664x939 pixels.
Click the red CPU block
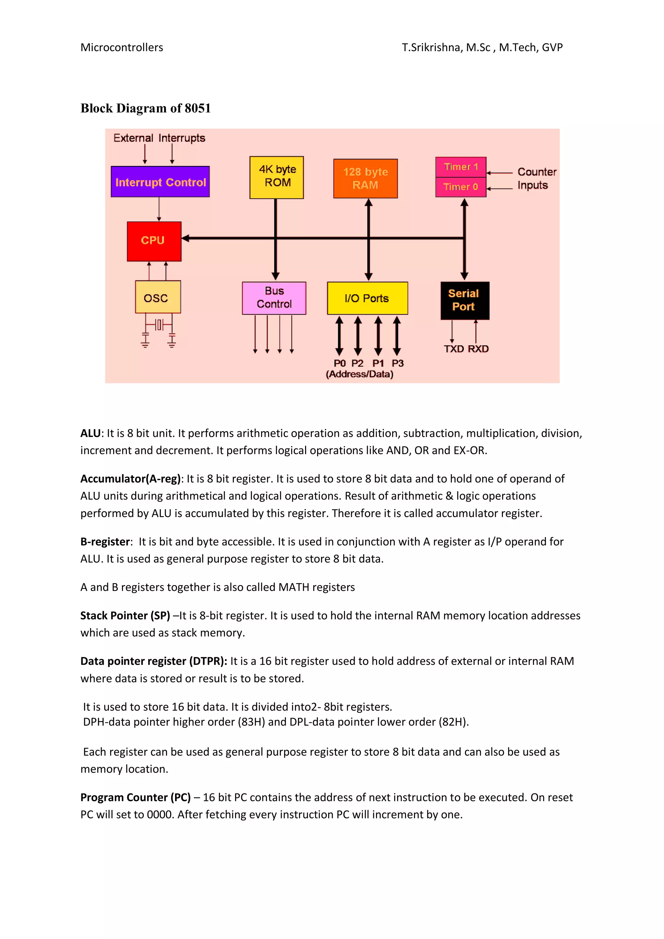[154, 241]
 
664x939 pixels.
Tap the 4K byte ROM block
[277, 177]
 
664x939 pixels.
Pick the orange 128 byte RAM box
[365, 178]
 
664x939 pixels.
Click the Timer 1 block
[461, 167]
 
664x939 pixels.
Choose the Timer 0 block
[461, 187]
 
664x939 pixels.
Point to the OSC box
[158, 297]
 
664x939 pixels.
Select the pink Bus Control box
[274, 298]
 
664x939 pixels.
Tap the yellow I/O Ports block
[367, 298]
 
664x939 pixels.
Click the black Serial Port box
[464, 300]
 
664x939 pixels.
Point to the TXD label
[454, 349]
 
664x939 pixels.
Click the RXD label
[478, 349]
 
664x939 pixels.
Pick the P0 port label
[339, 363]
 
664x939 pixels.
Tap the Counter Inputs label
[536, 178]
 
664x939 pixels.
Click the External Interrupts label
[159, 138]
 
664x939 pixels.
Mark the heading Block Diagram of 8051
[145, 108]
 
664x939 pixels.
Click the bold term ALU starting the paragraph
[90, 433]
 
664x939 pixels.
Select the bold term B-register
[105, 542]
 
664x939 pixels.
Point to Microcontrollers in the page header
[122, 47]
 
